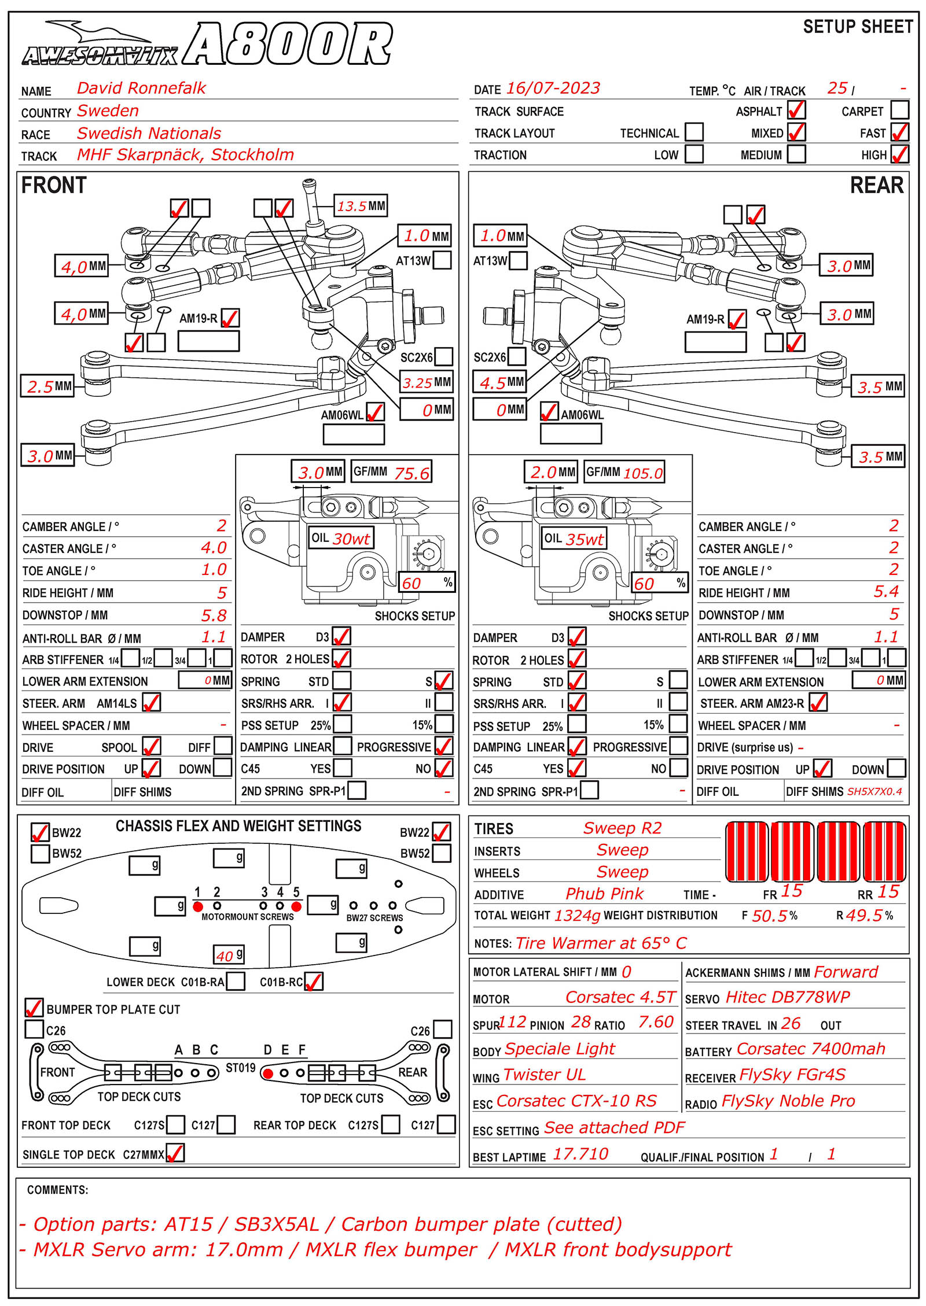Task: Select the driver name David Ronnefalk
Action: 141,88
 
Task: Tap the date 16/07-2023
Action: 553,88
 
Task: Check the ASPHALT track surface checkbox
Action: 796,110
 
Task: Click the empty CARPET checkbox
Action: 899,110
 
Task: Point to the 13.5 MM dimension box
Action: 361,206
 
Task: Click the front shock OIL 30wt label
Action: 341,538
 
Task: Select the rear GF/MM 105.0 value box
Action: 624,473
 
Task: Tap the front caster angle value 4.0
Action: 214,548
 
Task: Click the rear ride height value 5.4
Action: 886,592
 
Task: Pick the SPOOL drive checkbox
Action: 152,747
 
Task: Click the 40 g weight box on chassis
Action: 229,955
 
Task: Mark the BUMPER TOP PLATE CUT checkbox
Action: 34,1008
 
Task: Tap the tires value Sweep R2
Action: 622,828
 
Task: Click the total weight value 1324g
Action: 577,916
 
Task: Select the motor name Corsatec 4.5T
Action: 620,997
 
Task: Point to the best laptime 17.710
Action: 580,1154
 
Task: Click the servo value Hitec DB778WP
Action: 788,997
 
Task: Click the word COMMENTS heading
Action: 57,1190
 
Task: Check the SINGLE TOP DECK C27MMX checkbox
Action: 175,1153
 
